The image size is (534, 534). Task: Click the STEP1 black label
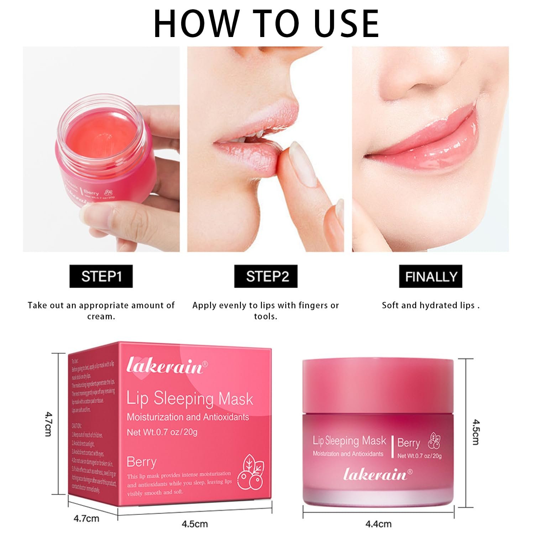[x=101, y=276]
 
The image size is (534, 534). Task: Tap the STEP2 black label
[x=266, y=276]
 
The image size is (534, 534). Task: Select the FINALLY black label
[x=430, y=276]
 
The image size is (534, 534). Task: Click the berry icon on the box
[x=253, y=472]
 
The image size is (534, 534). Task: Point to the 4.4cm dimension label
[x=378, y=524]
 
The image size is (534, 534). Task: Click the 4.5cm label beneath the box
[x=194, y=524]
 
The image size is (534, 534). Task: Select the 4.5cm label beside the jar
[x=476, y=432]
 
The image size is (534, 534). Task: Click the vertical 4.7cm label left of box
[x=48, y=424]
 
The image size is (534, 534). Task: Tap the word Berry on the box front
[x=141, y=462]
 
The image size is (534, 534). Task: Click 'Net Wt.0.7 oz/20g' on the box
[x=162, y=432]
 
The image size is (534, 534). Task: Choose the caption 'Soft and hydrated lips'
[x=430, y=305]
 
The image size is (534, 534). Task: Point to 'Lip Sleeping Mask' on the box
[x=190, y=399]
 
